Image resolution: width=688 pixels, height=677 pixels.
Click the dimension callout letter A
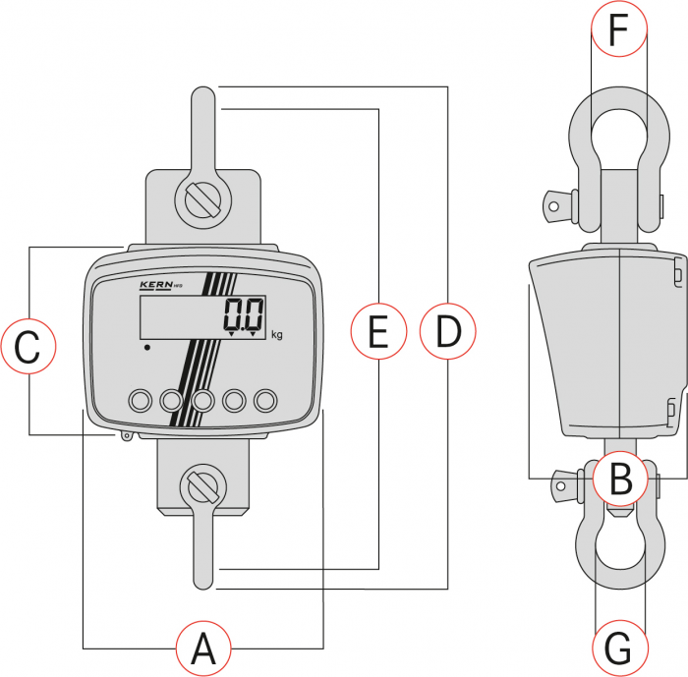pos(203,649)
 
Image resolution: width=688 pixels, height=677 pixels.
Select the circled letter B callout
pos(620,479)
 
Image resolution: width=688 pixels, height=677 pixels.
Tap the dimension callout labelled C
pos(29,347)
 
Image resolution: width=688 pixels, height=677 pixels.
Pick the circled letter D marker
pos(447,332)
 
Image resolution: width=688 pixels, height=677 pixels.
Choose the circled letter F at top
pos(618,31)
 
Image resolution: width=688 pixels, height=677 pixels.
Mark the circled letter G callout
pos(620,649)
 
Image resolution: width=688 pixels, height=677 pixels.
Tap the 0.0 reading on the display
pos(243,316)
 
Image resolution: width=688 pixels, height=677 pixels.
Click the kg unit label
pos(276,335)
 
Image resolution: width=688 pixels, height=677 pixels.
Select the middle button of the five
pos(203,400)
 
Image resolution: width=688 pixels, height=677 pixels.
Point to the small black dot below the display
pos(146,347)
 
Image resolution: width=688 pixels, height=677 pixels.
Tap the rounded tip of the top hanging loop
pos(202,95)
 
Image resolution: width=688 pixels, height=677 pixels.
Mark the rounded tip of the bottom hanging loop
pos(202,581)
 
